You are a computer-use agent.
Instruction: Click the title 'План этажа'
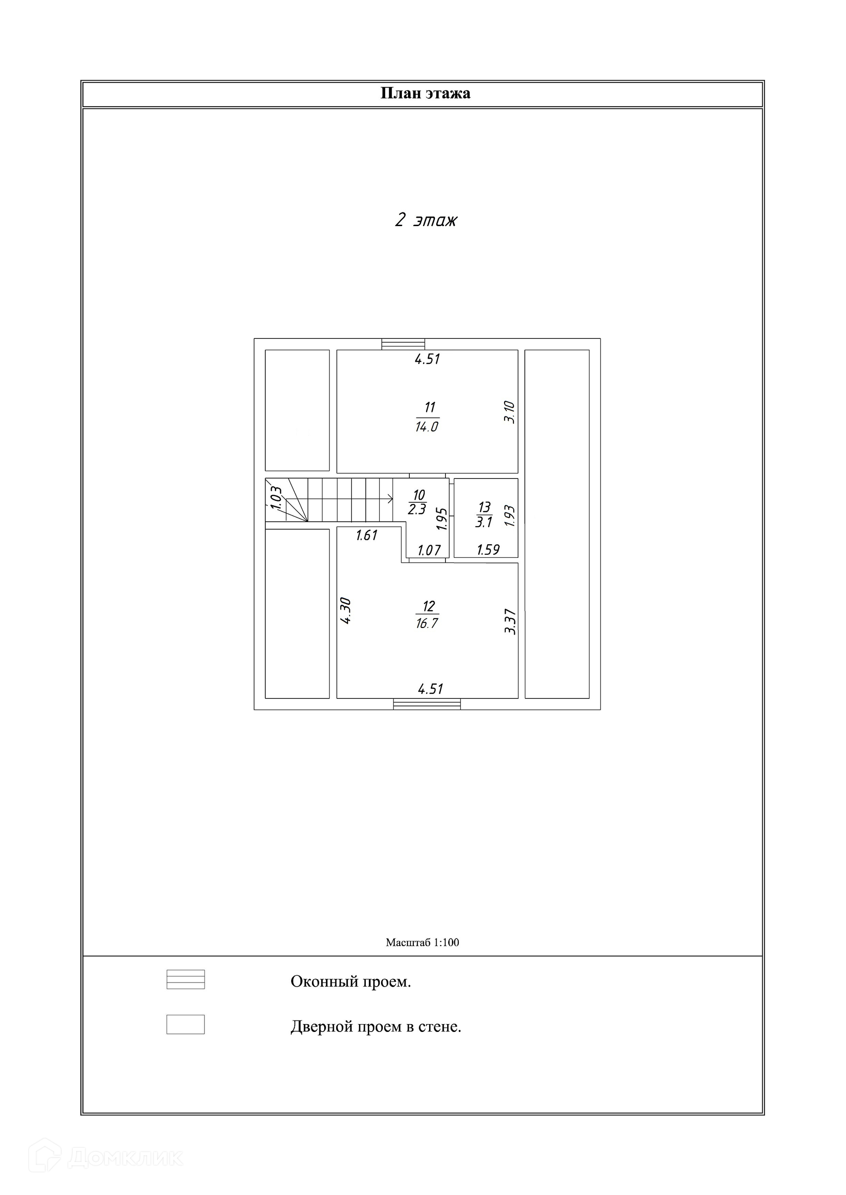click(x=426, y=94)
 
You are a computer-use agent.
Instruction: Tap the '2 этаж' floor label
click(x=426, y=220)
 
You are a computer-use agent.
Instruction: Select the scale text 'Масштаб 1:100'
click(x=423, y=943)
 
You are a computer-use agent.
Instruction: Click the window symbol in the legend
click(x=186, y=980)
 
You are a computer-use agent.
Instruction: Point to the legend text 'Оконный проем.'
click(x=351, y=982)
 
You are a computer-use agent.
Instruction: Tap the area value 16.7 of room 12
click(x=427, y=623)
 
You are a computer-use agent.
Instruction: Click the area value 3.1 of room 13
click(x=484, y=523)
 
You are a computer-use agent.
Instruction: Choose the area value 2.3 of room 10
click(x=417, y=509)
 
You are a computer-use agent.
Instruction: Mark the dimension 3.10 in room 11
click(x=510, y=412)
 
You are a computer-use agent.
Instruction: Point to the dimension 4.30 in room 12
click(x=345, y=611)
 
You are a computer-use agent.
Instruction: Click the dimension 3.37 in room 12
click(x=511, y=621)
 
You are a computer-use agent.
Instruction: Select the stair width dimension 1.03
click(x=276, y=497)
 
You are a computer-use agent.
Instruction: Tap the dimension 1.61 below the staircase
click(x=367, y=535)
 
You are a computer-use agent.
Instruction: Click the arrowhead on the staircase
click(x=390, y=499)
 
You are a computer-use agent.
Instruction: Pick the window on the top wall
click(x=403, y=344)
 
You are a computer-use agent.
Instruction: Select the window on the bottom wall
click(x=427, y=704)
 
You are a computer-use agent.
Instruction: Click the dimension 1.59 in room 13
click(x=488, y=549)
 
